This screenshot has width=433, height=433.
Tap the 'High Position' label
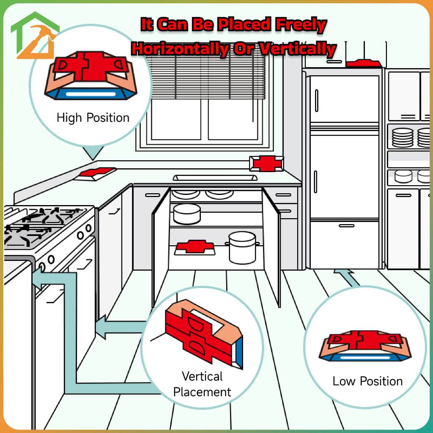[x=93, y=118]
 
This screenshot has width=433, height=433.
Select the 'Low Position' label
[x=367, y=381]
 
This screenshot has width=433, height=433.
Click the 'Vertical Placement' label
[x=202, y=384]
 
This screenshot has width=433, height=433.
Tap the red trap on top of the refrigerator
[x=363, y=63]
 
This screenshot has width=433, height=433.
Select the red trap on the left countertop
[x=97, y=173]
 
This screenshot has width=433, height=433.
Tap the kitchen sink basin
[x=215, y=178]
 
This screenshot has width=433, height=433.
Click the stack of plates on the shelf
[x=402, y=137]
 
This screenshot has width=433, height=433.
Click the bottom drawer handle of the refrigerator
[x=346, y=226]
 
